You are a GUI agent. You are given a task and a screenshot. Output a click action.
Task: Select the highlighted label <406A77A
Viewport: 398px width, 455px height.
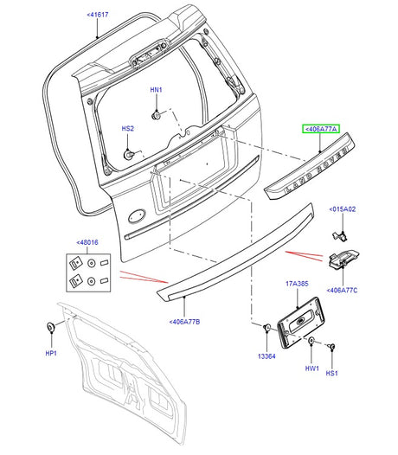coord(321,129)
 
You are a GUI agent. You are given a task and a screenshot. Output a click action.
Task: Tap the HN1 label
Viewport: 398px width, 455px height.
coord(156,91)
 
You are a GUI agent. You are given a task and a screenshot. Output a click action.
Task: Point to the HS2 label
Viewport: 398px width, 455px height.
coord(127,129)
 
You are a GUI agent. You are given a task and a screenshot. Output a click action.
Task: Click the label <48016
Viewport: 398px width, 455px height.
coord(88,243)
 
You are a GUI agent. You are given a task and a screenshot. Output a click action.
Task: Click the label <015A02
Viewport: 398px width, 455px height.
coord(342,209)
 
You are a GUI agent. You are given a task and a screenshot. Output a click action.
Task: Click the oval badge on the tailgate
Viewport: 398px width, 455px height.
coord(138,216)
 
